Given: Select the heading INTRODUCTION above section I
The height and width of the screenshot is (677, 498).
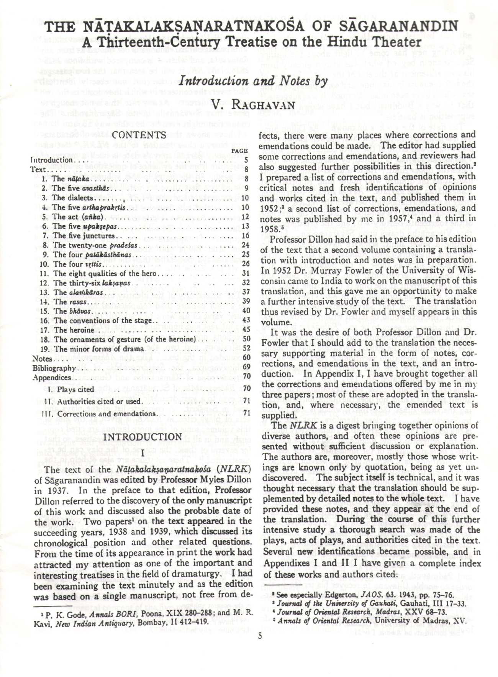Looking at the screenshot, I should tap(143, 437).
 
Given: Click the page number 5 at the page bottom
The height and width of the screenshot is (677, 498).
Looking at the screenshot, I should tap(260, 636).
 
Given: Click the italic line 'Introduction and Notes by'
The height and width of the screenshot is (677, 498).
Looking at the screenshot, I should tap(254, 81).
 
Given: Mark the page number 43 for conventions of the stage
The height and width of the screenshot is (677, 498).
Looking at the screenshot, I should tap(246, 320).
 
